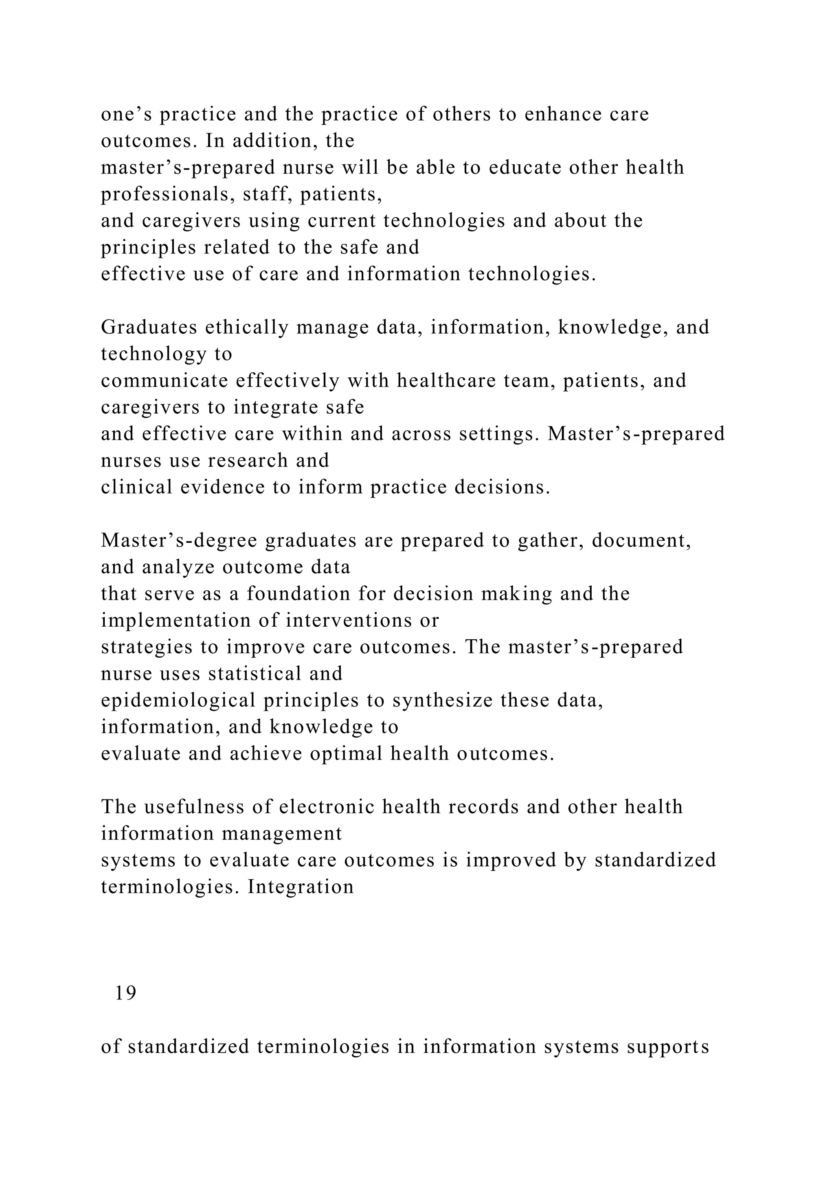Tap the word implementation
click(x=185, y=621)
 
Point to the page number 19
click(x=126, y=994)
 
